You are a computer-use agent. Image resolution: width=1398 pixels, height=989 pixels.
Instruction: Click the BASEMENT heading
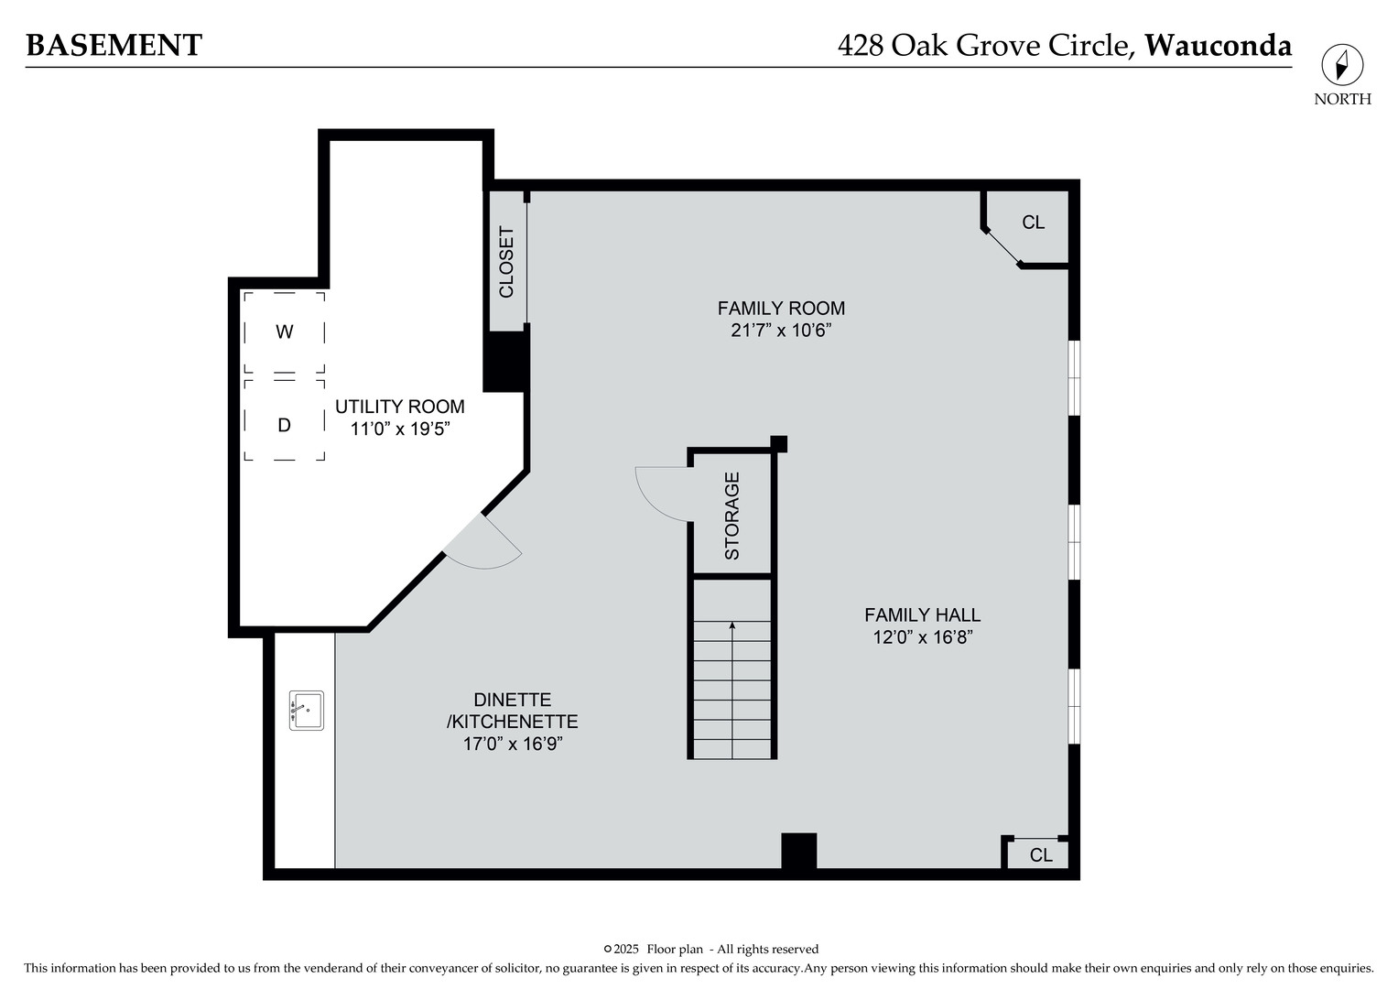[x=114, y=45]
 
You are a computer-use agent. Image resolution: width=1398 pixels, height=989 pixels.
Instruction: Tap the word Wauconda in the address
[x=1218, y=45]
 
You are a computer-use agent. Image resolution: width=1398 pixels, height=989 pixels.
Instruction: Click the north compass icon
[x=1341, y=66]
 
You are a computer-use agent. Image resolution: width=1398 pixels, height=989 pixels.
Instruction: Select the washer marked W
[x=285, y=331]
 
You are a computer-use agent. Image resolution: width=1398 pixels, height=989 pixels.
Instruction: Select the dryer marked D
[x=285, y=425]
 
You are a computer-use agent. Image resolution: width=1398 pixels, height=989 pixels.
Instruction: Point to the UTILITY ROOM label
[x=399, y=407]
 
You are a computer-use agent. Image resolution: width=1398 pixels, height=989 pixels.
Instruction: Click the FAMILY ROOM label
[x=780, y=309]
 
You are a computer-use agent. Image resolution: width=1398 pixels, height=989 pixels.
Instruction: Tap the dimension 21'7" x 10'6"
[x=780, y=331]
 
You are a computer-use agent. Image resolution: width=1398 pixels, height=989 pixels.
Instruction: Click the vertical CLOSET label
[x=506, y=262]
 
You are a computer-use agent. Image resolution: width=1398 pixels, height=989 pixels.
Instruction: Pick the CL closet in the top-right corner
[x=1033, y=223]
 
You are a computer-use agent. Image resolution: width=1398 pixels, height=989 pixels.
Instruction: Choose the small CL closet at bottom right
[x=1040, y=855]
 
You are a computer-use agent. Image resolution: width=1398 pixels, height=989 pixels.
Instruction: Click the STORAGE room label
[x=732, y=516]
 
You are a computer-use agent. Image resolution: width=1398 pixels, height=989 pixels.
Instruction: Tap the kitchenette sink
[x=306, y=711]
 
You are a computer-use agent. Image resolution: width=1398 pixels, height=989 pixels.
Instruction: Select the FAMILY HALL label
[x=922, y=615]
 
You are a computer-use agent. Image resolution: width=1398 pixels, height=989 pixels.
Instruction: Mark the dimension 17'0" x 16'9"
[x=512, y=744]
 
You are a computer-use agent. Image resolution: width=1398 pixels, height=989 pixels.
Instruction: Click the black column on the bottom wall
[x=798, y=851]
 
